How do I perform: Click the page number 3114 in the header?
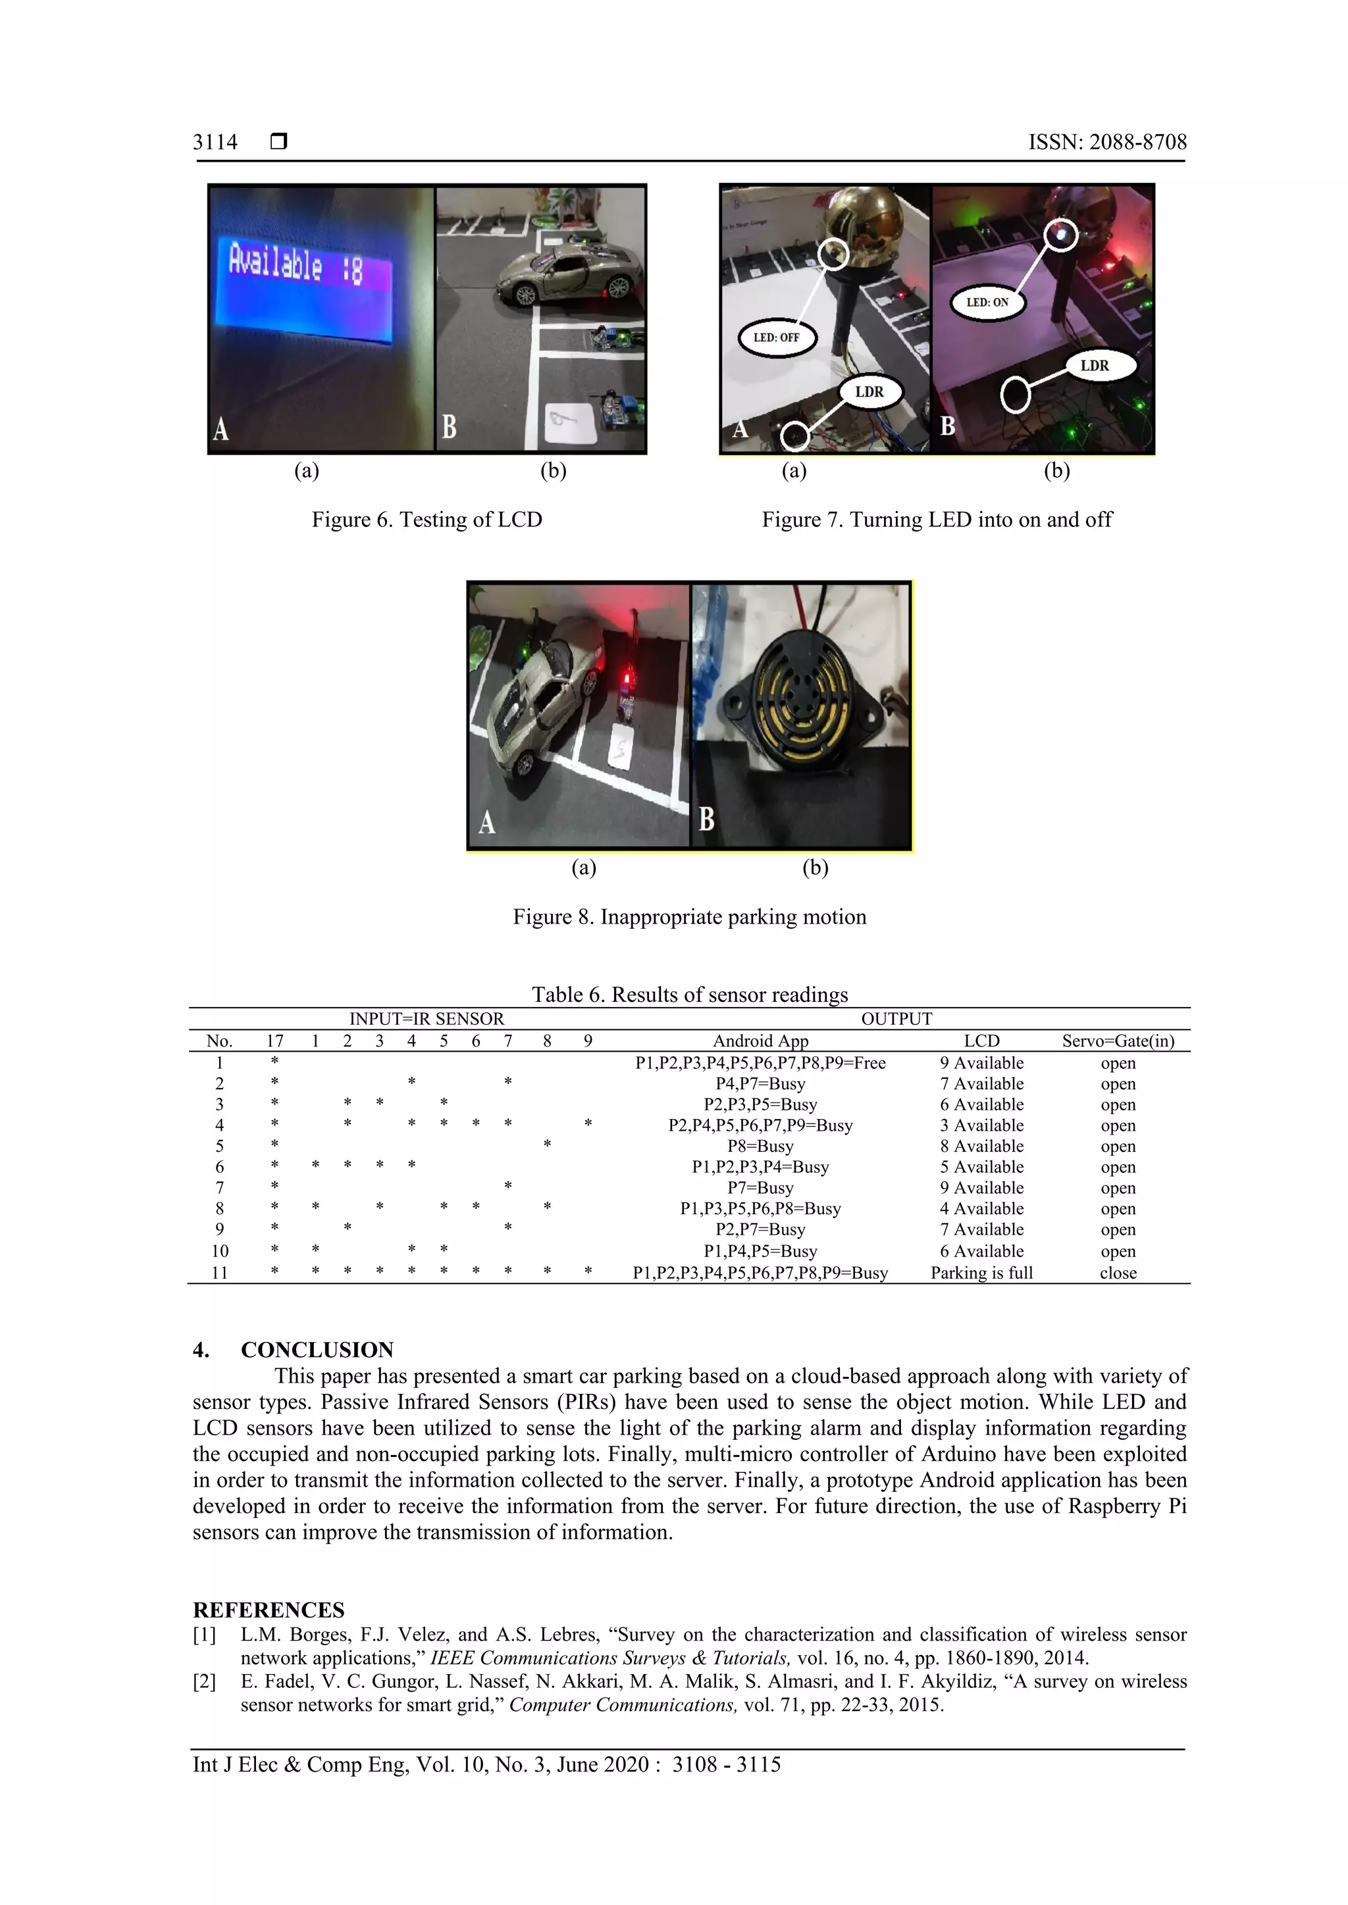point(215,143)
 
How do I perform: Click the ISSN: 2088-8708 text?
point(1106,143)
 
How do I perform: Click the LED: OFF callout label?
point(776,337)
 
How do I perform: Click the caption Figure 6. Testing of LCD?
point(427,520)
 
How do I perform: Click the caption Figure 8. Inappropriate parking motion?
point(689,917)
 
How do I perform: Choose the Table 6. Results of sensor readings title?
point(689,994)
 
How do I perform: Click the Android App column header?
point(760,1041)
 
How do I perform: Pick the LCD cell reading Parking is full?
point(981,1273)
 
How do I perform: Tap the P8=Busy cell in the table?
point(760,1146)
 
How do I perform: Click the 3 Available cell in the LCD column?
point(981,1125)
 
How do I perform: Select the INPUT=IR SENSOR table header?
point(427,1019)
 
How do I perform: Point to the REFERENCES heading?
point(268,1610)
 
